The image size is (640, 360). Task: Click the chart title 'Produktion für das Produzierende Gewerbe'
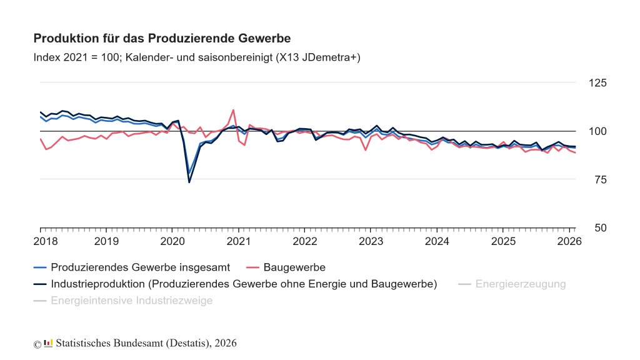pyautogui.click(x=162, y=39)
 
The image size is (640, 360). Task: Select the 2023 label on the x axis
pyautogui.click(x=371, y=241)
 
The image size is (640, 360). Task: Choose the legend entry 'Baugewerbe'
pyautogui.click(x=294, y=267)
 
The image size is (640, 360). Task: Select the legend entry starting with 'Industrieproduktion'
pyautogui.click(x=244, y=284)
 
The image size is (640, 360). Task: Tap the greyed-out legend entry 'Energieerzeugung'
pyautogui.click(x=520, y=284)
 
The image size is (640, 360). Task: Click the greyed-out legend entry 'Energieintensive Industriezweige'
pyautogui.click(x=131, y=301)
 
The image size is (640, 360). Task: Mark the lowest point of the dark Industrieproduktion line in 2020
pyautogui.click(x=189, y=182)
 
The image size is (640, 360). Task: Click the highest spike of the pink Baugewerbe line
pyautogui.click(x=233, y=110)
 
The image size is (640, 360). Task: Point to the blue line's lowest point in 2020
pyautogui.click(x=189, y=173)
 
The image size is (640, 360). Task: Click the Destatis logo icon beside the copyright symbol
pyautogui.click(x=48, y=344)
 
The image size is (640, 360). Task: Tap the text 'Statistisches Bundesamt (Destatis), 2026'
pyautogui.click(x=146, y=344)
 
